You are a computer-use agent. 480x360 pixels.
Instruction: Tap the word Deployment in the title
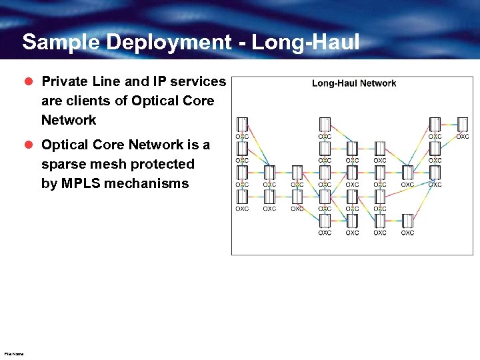166,43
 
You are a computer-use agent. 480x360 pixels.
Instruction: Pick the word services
199,81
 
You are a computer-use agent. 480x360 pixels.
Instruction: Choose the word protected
163,164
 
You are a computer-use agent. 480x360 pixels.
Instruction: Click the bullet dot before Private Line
29,81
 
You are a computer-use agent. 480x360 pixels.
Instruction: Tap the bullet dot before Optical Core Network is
29,145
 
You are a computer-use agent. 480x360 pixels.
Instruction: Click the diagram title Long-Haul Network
354,83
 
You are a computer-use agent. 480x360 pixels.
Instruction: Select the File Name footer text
13,354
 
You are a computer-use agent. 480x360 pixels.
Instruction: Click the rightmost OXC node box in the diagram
463,125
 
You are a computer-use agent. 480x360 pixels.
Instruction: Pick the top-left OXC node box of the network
242,125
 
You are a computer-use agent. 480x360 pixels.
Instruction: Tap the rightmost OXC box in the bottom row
407,221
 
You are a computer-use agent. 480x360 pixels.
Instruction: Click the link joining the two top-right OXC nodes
449,125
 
